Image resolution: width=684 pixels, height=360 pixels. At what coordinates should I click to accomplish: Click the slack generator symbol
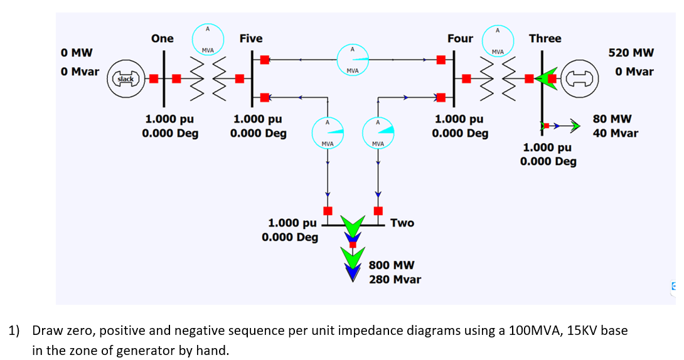pos(127,78)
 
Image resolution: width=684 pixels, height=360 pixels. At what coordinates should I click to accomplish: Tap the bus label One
pos(163,38)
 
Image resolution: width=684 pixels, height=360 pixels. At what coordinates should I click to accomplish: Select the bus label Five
pos(251,38)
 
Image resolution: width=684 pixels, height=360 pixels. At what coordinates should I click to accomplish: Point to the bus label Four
pos(460,38)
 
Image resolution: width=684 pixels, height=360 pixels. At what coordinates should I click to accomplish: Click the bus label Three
pos(545,38)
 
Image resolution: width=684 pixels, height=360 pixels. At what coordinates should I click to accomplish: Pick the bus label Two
pos(402,223)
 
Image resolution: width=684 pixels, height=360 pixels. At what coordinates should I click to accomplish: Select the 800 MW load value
pos(391,265)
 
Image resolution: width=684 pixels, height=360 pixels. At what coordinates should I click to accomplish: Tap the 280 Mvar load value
pos(395,279)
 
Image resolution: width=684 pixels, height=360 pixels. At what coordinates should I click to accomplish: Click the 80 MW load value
pos(616,119)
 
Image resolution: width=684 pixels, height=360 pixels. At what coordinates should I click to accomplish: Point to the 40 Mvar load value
pos(616,132)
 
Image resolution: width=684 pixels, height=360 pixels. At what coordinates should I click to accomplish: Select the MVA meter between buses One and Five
pos(207,39)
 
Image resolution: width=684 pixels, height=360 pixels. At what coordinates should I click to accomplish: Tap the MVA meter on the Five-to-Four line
pos(353,60)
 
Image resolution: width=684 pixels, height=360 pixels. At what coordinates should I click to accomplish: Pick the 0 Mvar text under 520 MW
pos(634,71)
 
